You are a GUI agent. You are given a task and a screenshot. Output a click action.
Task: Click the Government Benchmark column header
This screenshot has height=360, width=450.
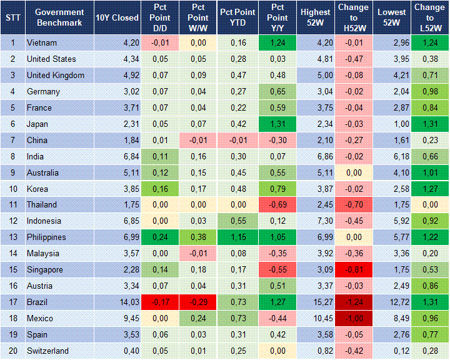pyautogui.click(x=59, y=17)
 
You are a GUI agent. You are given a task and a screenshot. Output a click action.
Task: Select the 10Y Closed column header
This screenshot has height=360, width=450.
pyautogui.click(x=117, y=17)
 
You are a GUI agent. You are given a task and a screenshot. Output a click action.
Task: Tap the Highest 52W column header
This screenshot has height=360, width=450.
pyautogui.click(x=315, y=17)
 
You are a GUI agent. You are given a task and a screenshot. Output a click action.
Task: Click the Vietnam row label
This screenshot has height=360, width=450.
pyautogui.click(x=42, y=43)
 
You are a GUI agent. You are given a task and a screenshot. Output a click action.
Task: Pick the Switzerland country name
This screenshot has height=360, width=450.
pyautogui.click(x=47, y=351)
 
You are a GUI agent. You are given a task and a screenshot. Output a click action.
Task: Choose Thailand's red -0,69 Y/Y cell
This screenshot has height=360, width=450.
pyautogui.click(x=276, y=205)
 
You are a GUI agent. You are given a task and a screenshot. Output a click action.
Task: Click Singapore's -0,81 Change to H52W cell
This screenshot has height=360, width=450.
pyautogui.click(x=354, y=270)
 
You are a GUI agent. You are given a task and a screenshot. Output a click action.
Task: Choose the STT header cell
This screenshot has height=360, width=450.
pyautogui.click(x=13, y=17)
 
